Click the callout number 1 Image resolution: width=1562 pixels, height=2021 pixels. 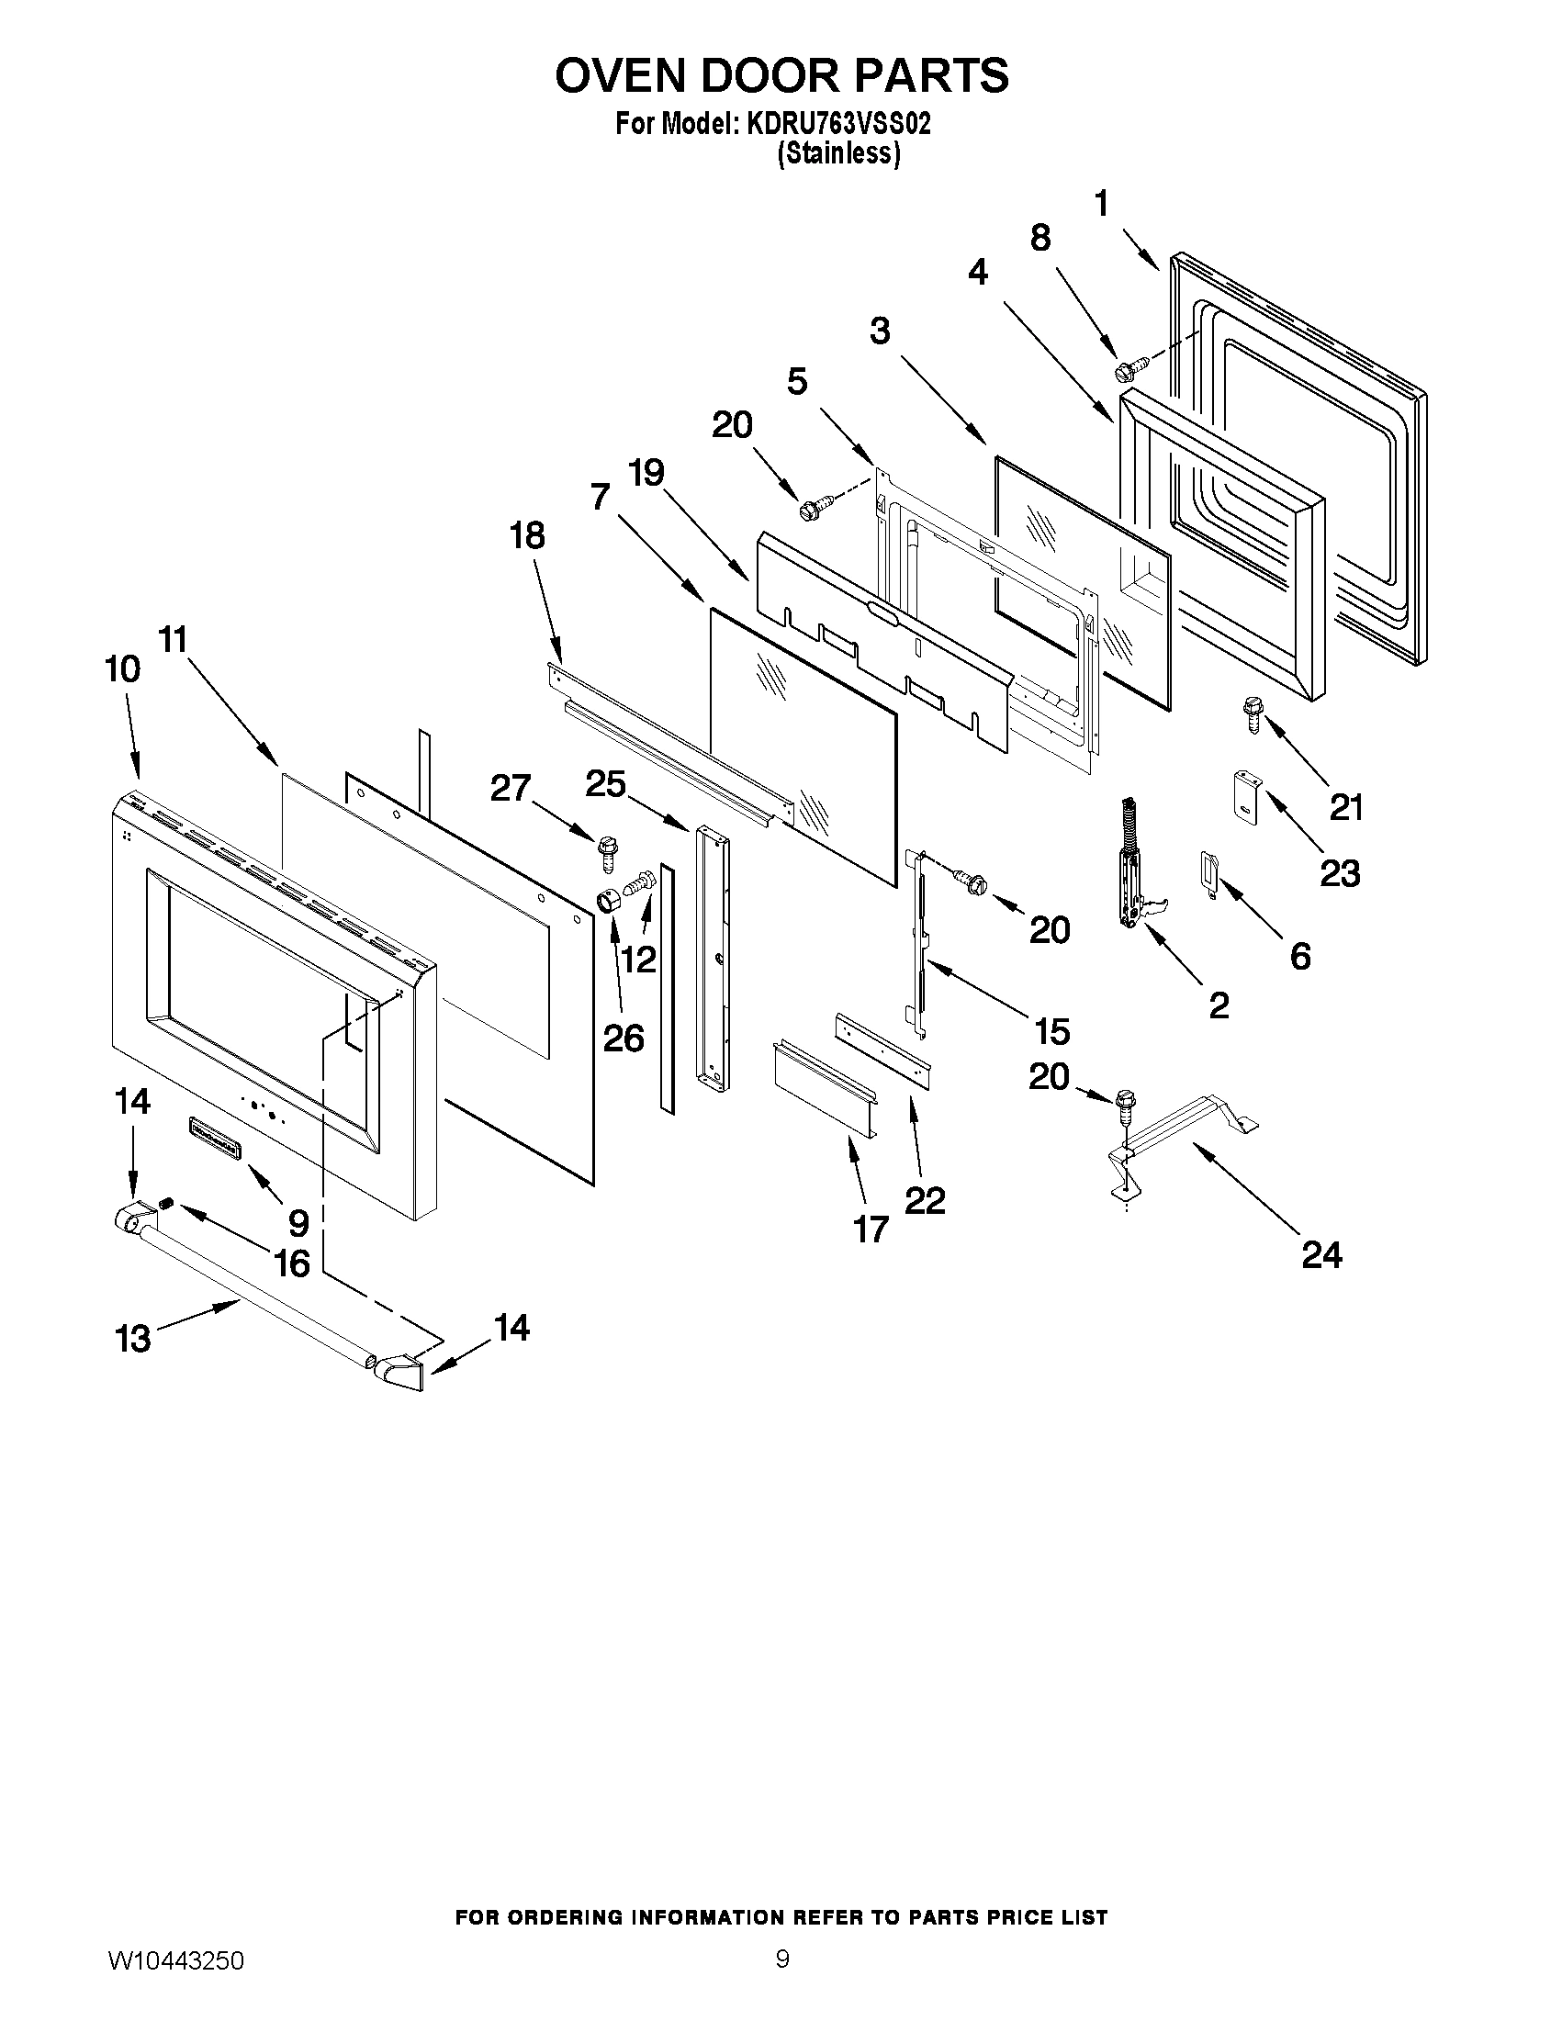(1101, 204)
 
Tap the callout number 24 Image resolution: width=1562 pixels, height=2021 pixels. (1321, 1255)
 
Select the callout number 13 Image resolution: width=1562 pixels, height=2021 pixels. (133, 1338)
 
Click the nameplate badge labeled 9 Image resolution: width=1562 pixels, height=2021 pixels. (214, 1136)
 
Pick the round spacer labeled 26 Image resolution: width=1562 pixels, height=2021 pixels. (608, 900)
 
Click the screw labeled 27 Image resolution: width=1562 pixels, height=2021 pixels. (608, 851)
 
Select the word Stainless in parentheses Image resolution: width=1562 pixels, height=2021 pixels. (838, 153)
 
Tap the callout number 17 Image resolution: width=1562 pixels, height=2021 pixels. (871, 1228)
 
